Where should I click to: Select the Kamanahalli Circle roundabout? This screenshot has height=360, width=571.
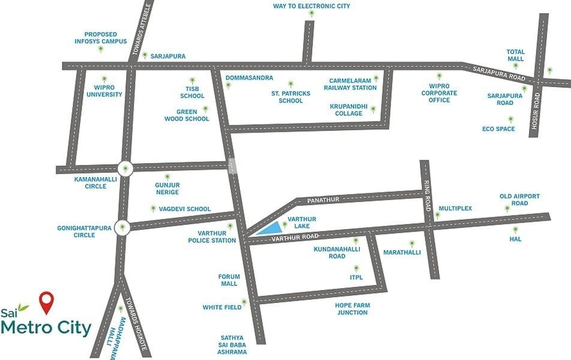click(125, 169)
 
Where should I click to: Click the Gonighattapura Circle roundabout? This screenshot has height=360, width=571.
click(123, 227)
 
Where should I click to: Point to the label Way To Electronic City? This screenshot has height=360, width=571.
click(311, 6)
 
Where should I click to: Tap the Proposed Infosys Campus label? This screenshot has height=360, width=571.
click(101, 38)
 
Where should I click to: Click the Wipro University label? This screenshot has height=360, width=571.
click(104, 91)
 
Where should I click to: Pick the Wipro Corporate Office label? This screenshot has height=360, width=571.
click(439, 97)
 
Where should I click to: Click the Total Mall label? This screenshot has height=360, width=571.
click(516, 55)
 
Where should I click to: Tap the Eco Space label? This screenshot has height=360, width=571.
click(498, 129)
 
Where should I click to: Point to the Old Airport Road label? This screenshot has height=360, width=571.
click(519, 200)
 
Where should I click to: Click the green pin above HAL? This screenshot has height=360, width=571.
click(515, 229)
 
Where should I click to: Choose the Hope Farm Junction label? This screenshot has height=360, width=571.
click(352, 309)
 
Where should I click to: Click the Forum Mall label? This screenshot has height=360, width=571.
click(229, 280)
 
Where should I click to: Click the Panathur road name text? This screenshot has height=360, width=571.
click(323, 199)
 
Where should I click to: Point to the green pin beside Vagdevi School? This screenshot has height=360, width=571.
click(153, 208)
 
